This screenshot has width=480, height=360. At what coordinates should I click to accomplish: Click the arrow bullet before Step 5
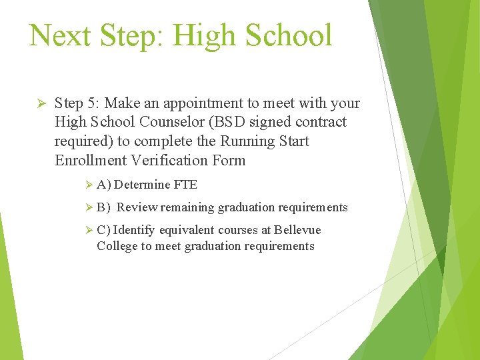pos(39,103)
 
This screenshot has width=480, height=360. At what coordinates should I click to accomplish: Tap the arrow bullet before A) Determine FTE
pos(91,185)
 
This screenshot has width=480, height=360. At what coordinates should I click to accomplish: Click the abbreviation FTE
pos(185,185)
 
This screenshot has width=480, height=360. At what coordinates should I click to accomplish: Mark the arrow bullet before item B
pos(91,208)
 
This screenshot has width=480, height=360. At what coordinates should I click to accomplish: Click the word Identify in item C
pos(134,230)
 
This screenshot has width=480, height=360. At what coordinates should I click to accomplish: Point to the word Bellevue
pos(297,230)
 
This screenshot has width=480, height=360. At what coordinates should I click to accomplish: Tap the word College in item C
pos(117,246)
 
